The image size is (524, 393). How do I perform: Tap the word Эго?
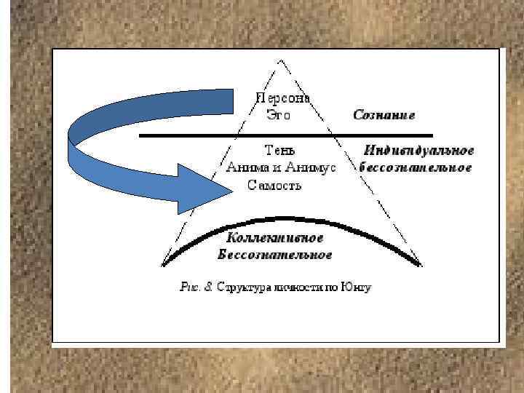(x=271, y=114)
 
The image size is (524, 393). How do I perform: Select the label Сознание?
(x=384, y=114)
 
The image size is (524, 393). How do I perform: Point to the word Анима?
(x=245, y=168)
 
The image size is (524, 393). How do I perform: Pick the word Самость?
(x=274, y=185)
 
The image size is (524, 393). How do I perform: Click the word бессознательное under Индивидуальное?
(x=416, y=167)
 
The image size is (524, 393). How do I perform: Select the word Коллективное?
(x=275, y=238)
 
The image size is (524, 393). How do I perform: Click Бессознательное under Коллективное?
(x=275, y=254)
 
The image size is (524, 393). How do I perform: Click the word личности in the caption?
(x=296, y=287)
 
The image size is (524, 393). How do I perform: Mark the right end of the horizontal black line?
(x=432, y=135)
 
